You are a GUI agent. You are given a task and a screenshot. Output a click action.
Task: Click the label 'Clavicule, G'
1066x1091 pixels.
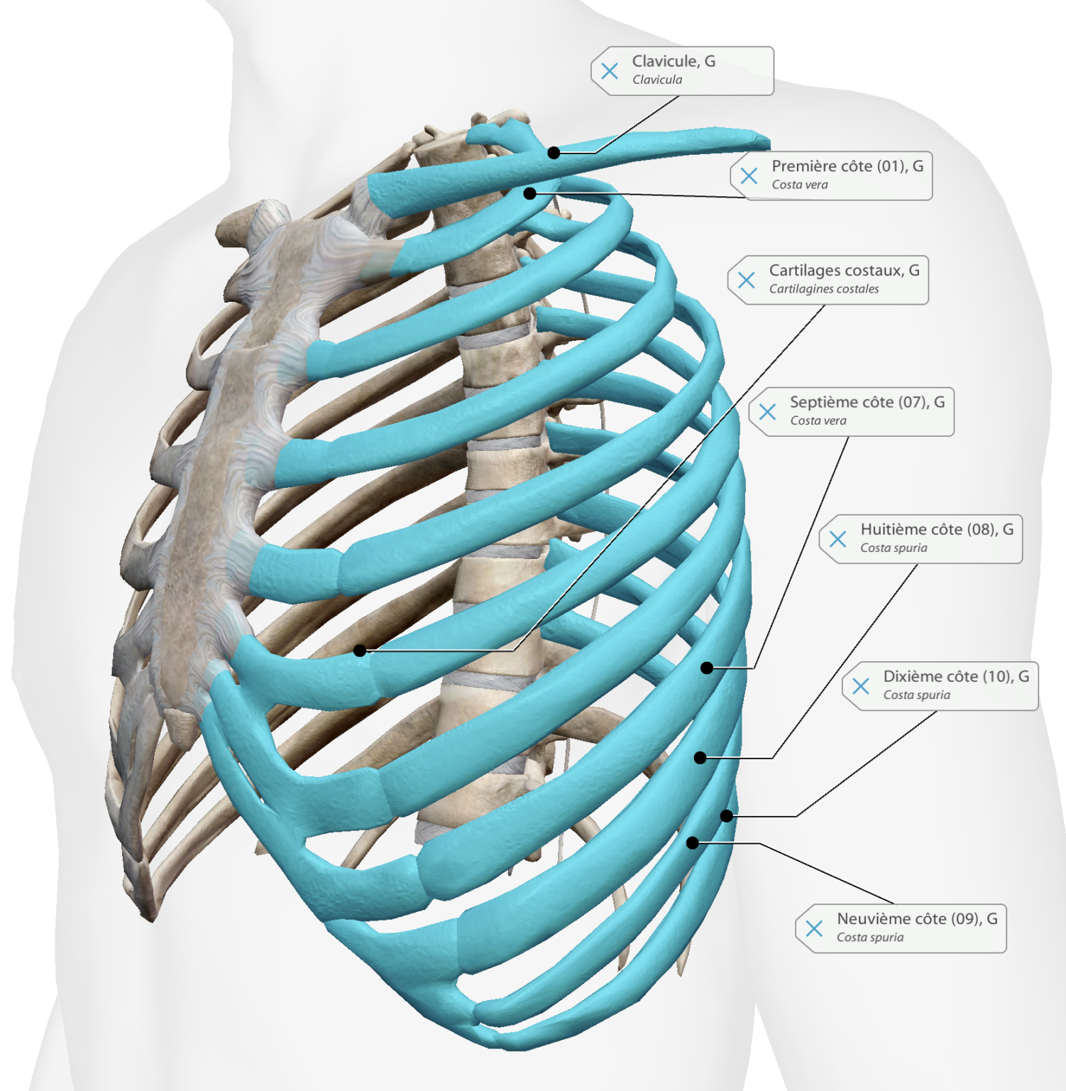pos(674,61)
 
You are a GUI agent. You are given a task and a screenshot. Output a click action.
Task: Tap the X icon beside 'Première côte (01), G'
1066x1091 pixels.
pos(749,175)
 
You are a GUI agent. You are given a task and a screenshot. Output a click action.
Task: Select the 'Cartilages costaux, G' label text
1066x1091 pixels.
pos(844,271)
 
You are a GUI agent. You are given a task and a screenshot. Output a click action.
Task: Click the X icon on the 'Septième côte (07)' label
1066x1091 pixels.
pos(767,411)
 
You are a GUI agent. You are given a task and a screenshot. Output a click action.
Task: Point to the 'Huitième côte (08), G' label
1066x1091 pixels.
pos(937,529)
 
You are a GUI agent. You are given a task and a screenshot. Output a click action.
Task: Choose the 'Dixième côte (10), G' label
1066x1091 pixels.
pos(956,676)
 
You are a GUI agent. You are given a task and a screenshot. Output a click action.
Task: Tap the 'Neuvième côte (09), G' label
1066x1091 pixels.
pos(917,918)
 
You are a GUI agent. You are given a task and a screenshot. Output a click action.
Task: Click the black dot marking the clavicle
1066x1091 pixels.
pos(554,153)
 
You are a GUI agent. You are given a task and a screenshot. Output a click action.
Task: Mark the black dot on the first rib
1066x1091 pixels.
pos(529,193)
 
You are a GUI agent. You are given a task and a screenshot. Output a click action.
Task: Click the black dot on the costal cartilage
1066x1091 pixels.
pos(360,650)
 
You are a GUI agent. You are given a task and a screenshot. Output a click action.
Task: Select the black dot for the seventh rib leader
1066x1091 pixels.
pos(706,668)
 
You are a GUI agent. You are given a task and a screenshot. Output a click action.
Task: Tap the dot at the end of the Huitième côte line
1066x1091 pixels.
pos(700,758)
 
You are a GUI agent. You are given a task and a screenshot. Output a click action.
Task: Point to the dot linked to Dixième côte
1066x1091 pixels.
pos(726,816)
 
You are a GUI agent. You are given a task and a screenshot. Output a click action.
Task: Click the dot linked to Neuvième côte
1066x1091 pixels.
pos(692,843)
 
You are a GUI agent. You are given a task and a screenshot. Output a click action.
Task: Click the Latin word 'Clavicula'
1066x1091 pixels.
pos(657,80)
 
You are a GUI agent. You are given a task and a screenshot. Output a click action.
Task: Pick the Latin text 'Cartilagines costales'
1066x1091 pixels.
pos(824,289)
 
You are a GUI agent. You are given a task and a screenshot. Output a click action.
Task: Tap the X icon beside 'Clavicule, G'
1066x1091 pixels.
pos(609,71)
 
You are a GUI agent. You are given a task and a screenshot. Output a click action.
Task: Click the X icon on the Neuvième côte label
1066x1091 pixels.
pos(814,928)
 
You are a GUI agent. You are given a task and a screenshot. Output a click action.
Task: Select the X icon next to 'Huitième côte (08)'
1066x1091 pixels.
pos(837,539)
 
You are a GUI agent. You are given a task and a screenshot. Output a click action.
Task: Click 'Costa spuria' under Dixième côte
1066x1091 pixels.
pos(916,695)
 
